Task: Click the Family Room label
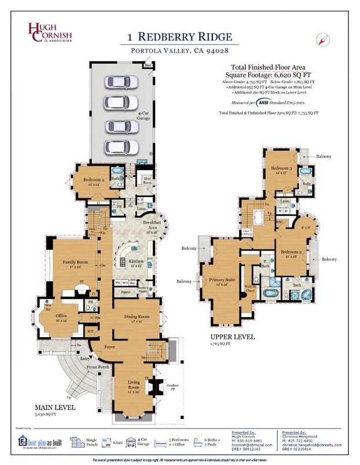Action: pyautogui.click(x=74, y=265)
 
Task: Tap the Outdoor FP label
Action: pyautogui.click(x=172, y=387)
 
